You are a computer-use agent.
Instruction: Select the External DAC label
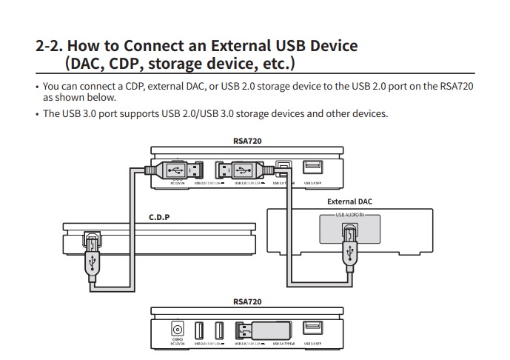349,201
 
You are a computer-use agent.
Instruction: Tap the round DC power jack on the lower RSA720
177,327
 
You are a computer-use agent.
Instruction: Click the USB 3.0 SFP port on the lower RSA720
312,327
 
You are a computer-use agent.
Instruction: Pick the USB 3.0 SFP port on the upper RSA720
312,168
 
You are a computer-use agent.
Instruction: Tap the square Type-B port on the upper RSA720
283,168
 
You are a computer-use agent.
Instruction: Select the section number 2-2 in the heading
50,46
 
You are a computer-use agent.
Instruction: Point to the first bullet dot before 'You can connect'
37,87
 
